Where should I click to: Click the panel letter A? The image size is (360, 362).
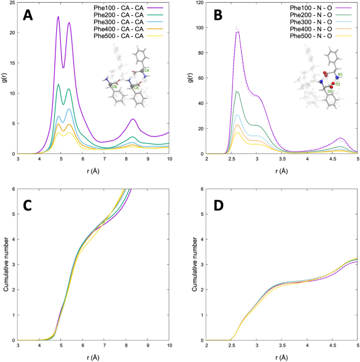tap(29, 15)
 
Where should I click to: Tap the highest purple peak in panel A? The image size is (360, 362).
tap(58, 16)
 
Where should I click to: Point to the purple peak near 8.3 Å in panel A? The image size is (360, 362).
tap(133, 119)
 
